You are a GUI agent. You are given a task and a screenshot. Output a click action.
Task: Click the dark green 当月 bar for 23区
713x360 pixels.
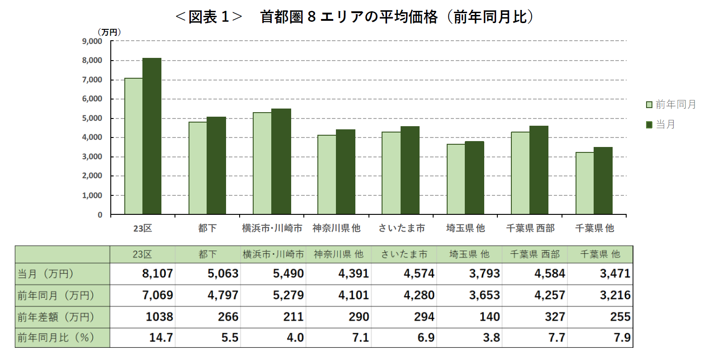[x=152, y=136]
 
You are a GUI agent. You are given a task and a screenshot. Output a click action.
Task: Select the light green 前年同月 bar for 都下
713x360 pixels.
[x=198, y=168]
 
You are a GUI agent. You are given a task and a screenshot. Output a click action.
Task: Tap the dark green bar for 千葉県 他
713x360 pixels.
[x=603, y=180]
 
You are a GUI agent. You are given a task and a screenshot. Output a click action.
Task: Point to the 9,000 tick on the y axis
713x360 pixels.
[x=92, y=41]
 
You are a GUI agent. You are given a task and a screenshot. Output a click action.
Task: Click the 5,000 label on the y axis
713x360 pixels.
[x=92, y=118]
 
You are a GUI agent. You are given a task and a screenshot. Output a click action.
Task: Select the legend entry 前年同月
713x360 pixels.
[x=671, y=104]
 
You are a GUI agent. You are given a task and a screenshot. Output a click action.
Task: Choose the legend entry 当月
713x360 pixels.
[x=661, y=124]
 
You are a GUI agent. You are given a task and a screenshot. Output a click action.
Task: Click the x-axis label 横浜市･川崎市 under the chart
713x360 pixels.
[x=272, y=228]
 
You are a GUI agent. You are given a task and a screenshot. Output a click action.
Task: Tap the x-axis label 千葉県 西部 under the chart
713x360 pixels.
[x=530, y=228]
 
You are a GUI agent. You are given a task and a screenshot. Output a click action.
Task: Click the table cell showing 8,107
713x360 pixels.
[x=157, y=274]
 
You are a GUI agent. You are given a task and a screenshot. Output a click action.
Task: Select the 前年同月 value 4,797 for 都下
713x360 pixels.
[x=223, y=295]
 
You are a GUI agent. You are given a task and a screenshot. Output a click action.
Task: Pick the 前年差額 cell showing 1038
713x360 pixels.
[x=159, y=317]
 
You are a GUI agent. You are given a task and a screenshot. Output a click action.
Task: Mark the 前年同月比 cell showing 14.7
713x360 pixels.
[x=161, y=338]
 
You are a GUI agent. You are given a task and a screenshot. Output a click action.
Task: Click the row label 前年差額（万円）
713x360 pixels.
[x=56, y=317]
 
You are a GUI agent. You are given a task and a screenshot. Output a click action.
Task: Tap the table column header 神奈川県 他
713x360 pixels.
[x=339, y=254]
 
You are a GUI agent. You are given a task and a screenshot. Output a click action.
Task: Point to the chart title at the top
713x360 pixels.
[x=355, y=17]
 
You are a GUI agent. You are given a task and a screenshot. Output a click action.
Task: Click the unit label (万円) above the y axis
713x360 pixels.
[x=109, y=32]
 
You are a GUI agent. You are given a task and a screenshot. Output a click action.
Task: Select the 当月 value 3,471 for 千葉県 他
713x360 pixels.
[x=615, y=274]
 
